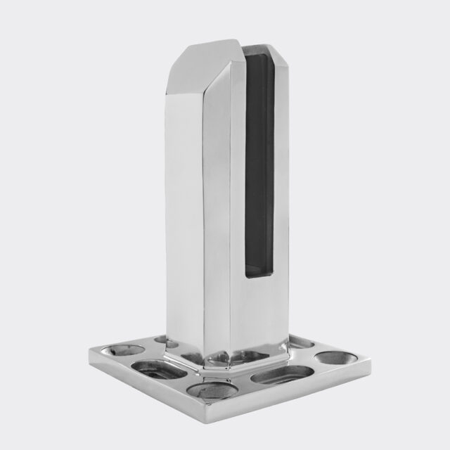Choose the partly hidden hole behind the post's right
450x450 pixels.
click(300, 342)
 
